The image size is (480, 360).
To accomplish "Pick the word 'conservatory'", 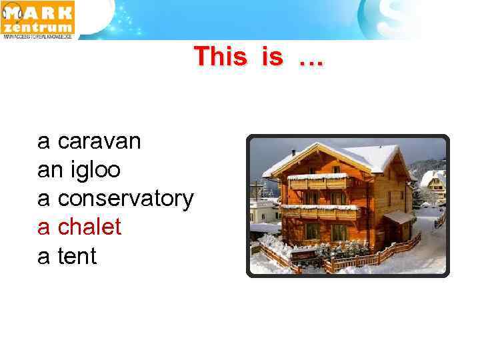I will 125,199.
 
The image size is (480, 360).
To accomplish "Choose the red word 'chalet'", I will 89,227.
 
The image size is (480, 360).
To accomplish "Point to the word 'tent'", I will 77,256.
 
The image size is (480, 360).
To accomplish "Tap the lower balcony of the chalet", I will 319,212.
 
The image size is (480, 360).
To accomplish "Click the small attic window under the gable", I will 336,169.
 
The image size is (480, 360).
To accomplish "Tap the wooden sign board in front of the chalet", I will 304,256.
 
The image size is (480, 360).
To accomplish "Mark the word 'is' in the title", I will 272,57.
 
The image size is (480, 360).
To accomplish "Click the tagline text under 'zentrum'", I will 38,37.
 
